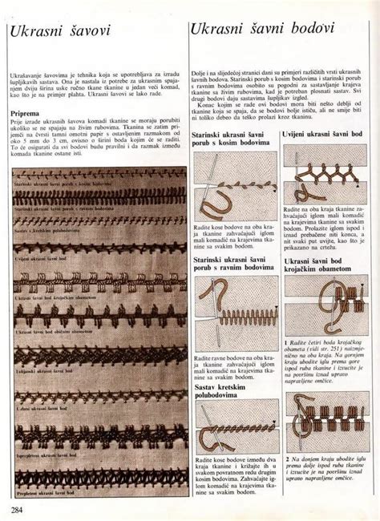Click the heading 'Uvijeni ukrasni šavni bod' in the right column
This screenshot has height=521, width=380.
click(326, 133)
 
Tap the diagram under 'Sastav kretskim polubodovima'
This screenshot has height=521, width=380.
click(236, 409)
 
